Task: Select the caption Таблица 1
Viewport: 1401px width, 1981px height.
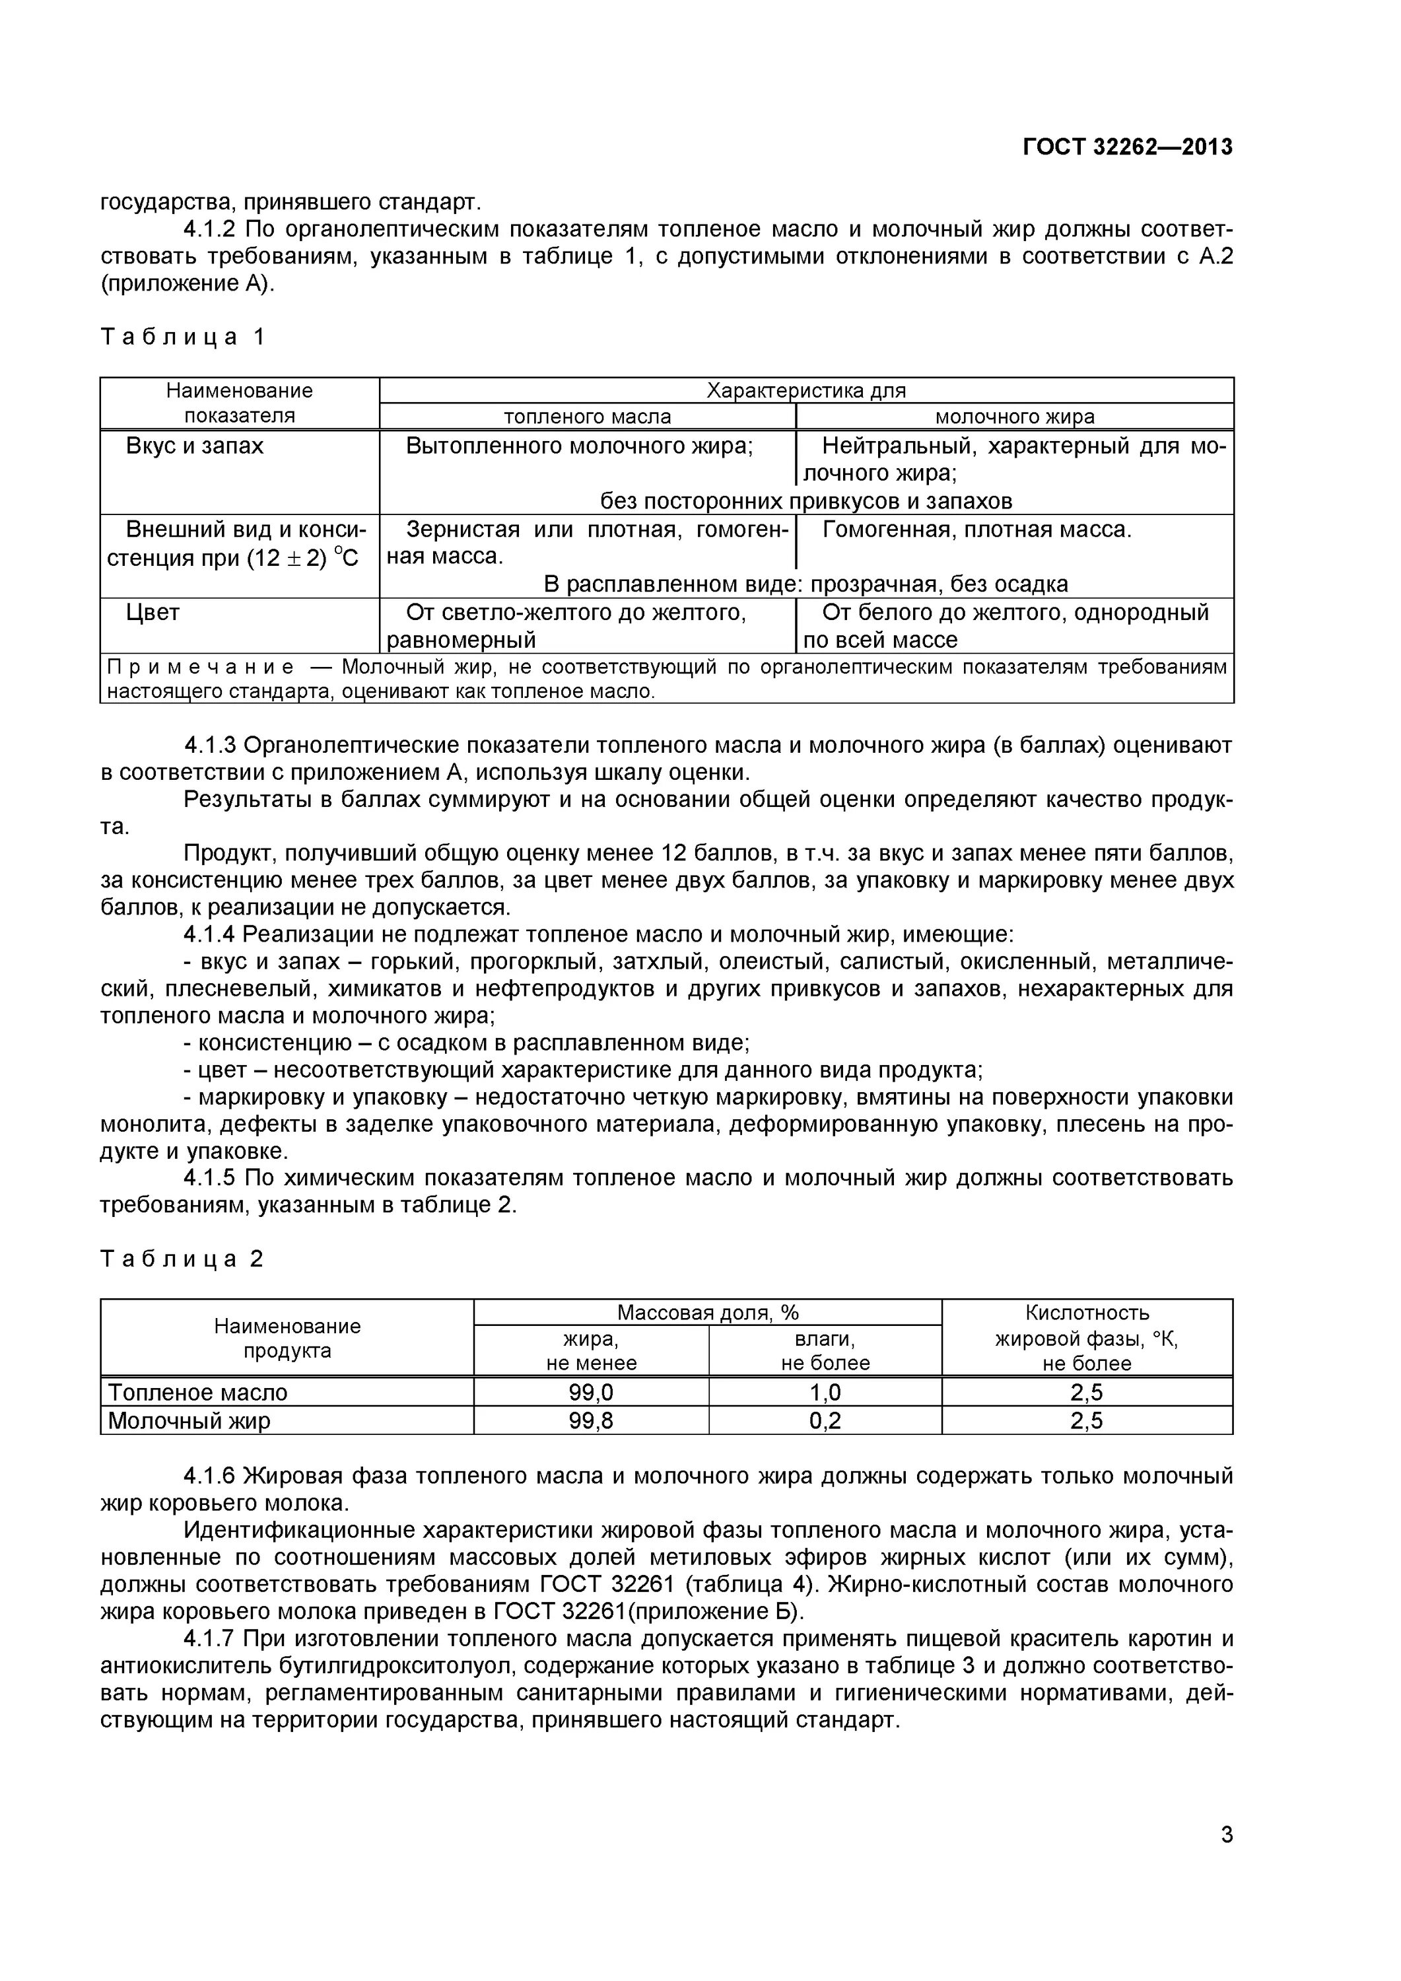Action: [183, 337]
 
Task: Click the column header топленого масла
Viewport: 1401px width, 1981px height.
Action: [587, 417]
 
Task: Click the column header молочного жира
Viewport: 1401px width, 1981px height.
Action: [1015, 417]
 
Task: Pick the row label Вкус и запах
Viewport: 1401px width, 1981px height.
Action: [195, 446]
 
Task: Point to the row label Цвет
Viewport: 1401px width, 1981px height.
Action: [153, 613]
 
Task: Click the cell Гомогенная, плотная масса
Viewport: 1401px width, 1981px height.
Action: [976, 530]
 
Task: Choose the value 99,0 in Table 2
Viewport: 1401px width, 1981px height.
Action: [591, 1393]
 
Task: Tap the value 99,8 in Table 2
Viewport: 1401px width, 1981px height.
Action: [591, 1420]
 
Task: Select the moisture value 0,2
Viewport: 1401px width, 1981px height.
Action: [825, 1420]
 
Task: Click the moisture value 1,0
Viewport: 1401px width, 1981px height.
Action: [825, 1393]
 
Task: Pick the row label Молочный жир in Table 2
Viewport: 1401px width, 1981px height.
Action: [189, 1420]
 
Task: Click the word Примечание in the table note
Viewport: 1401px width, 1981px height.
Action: [200, 667]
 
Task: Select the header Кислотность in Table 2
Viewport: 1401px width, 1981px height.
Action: [1087, 1312]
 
